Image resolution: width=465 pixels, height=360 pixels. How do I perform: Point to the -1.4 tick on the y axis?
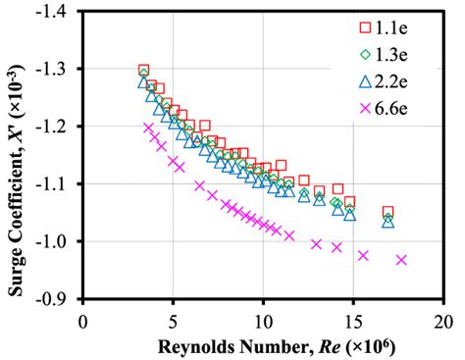(x=61, y=13)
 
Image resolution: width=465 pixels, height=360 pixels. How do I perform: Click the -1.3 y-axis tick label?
(x=61, y=70)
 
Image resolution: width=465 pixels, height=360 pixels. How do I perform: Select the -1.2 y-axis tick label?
(x=61, y=127)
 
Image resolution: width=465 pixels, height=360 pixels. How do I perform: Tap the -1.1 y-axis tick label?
(x=61, y=183)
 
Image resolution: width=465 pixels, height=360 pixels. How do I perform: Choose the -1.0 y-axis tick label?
(x=61, y=241)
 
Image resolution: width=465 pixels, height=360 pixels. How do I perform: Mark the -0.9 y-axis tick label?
(x=61, y=298)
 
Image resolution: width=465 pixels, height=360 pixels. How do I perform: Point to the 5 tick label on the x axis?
(x=174, y=321)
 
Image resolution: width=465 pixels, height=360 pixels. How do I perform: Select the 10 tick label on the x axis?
(x=263, y=321)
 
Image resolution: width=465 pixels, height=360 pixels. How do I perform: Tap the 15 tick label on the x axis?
(x=353, y=321)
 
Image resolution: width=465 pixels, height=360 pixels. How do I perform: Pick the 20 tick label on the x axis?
(x=443, y=321)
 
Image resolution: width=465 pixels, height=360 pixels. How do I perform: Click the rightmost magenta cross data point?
(x=401, y=260)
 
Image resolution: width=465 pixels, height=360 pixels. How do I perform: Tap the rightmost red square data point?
(x=387, y=212)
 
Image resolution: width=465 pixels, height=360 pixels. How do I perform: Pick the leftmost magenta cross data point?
(x=148, y=129)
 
